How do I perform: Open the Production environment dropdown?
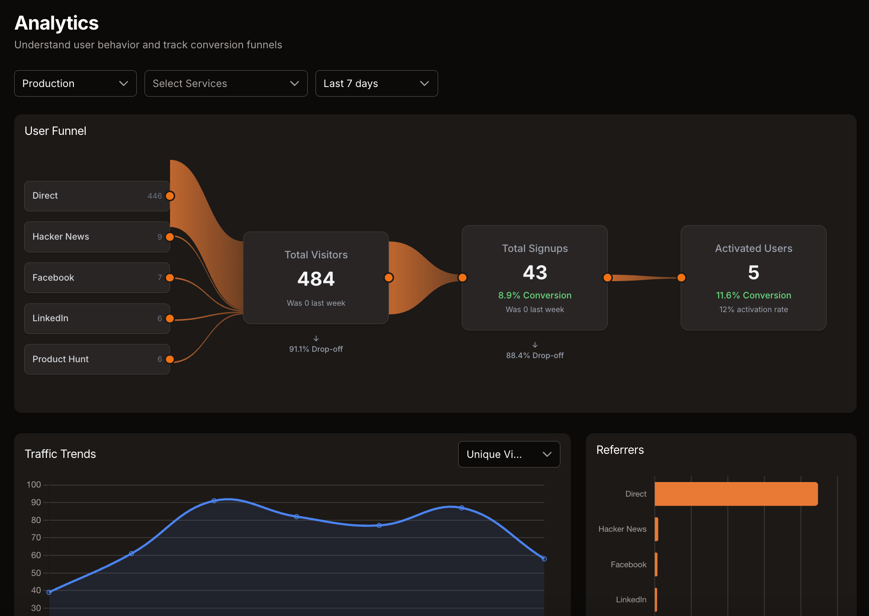[x=75, y=83]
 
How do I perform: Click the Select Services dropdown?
[x=226, y=83]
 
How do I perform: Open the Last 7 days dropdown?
[x=376, y=83]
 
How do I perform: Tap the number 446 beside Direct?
[x=155, y=196]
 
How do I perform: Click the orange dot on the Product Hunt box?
[x=170, y=359]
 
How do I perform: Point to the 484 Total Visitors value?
[x=316, y=279]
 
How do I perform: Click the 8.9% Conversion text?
[x=535, y=295]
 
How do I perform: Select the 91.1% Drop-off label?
[x=316, y=349]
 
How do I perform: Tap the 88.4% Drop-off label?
[x=535, y=355]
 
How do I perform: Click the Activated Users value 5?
[x=754, y=272]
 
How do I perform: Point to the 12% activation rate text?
[x=754, y=309]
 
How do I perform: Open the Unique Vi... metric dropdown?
[x=509, y=454]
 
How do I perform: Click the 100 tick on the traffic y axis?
[x=34, y=485]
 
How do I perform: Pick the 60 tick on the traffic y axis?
[x=36, y=555]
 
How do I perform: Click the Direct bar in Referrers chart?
[x=736, y=494]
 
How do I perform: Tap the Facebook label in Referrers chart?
[x=628, y=565]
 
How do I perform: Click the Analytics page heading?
[x=57, y=23]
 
